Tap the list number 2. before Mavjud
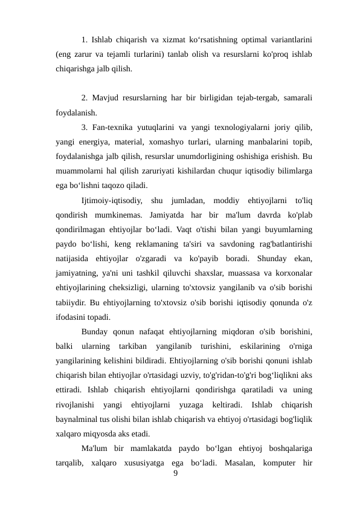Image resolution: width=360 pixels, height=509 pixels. pos(85,98)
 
